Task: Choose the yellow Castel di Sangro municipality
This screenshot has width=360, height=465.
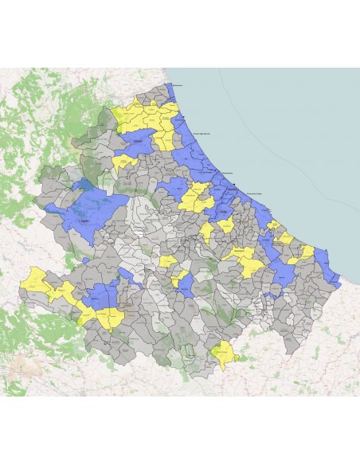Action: (224, 351)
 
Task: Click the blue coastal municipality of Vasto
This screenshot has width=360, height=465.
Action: (327, 261)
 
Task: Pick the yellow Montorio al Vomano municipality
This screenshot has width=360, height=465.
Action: (123, 163)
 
